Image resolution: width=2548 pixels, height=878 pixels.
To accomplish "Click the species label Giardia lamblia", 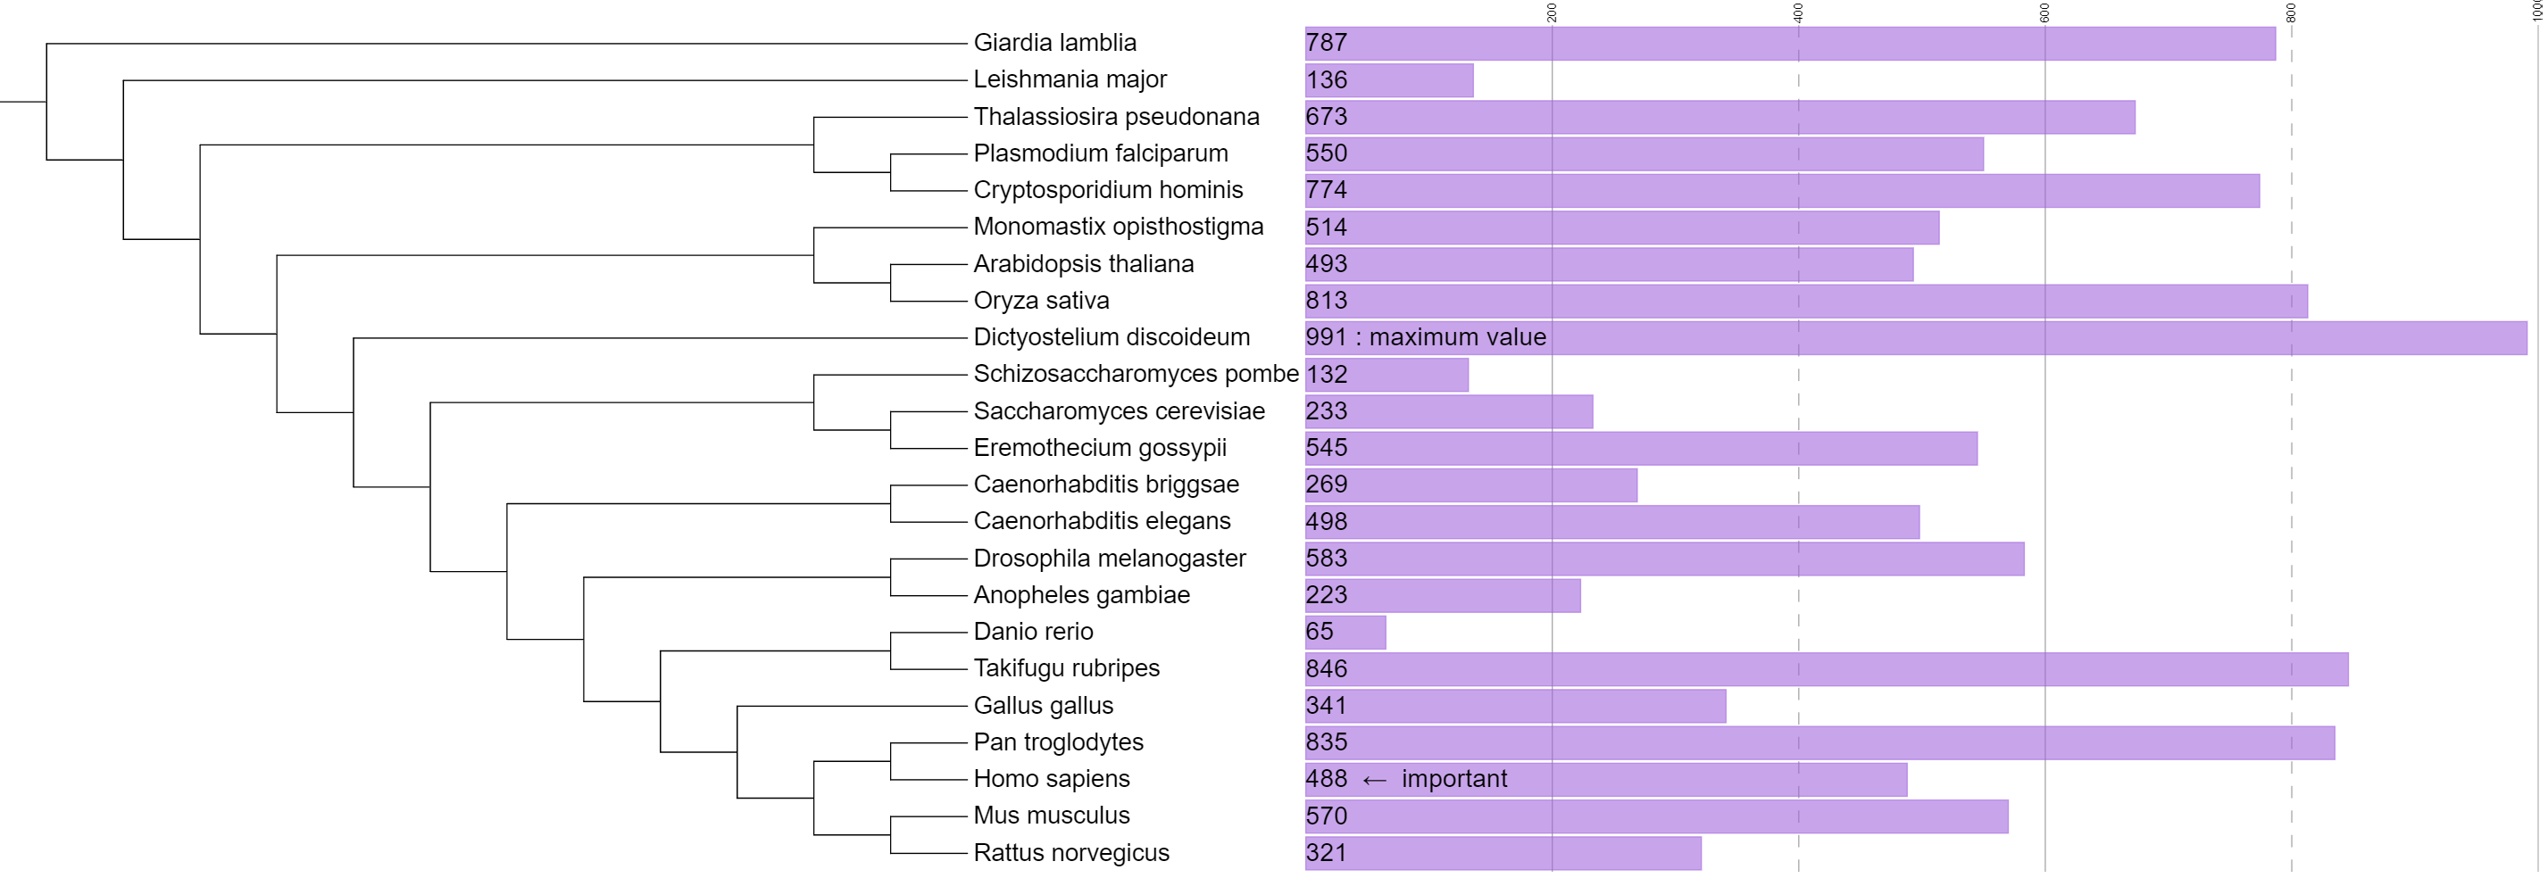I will coord(1054,43).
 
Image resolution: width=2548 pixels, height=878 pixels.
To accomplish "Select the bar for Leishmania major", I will coord(1389,80).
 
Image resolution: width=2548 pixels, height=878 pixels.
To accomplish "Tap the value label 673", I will coord(1327,117).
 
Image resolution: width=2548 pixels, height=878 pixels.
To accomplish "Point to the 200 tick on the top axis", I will coord(1552,12).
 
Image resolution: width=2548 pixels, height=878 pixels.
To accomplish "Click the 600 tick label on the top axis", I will coord(2044,12).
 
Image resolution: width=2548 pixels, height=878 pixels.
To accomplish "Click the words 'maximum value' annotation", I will coord(1457,337).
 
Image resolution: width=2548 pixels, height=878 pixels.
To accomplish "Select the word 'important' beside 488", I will coord(1454,779).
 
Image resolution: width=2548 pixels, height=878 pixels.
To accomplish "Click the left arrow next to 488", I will coord(1374,780).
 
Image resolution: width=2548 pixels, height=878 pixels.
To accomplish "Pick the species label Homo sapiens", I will coord(1052,779).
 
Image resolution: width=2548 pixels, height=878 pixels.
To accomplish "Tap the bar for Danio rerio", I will coord(1345,632).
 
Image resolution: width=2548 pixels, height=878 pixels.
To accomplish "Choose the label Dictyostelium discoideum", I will coord(1112,337).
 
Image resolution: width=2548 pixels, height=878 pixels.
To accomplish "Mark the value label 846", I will coord(1327,669).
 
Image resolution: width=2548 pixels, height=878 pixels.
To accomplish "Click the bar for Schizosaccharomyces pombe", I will coord(1386,375).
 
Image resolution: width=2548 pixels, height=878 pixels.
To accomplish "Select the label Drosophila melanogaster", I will coord(1110,559).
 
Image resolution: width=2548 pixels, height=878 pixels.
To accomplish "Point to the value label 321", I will coord(1327,853).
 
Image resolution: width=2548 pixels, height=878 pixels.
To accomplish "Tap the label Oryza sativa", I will coord(1042,301).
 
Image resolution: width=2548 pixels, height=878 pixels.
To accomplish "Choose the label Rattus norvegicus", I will coord(1071,853).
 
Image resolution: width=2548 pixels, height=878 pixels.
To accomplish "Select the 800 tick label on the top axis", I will coord(2291,12).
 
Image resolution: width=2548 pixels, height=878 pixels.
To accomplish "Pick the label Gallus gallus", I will coord(1044,706).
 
